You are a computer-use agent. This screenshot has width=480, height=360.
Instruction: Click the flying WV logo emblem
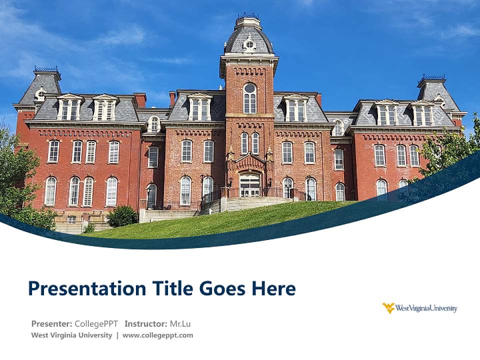[388, 308]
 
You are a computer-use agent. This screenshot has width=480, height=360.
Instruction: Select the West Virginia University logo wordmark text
[426, 308]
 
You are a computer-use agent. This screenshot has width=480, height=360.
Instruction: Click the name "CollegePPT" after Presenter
[96, 323]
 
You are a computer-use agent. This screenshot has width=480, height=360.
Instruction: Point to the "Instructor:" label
[145, 323]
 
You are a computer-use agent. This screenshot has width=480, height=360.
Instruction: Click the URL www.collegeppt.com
[157, 335]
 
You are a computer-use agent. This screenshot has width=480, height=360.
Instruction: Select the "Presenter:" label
[52, 323]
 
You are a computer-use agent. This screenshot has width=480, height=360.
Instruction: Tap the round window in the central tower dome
[249, 44]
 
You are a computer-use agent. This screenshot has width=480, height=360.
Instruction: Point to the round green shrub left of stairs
[122, 216]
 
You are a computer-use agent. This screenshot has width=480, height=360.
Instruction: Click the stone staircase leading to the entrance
[255, 203]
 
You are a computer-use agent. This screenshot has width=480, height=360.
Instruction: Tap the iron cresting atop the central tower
[248, 16]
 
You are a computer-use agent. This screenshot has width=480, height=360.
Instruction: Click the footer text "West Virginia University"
[71, 335]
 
